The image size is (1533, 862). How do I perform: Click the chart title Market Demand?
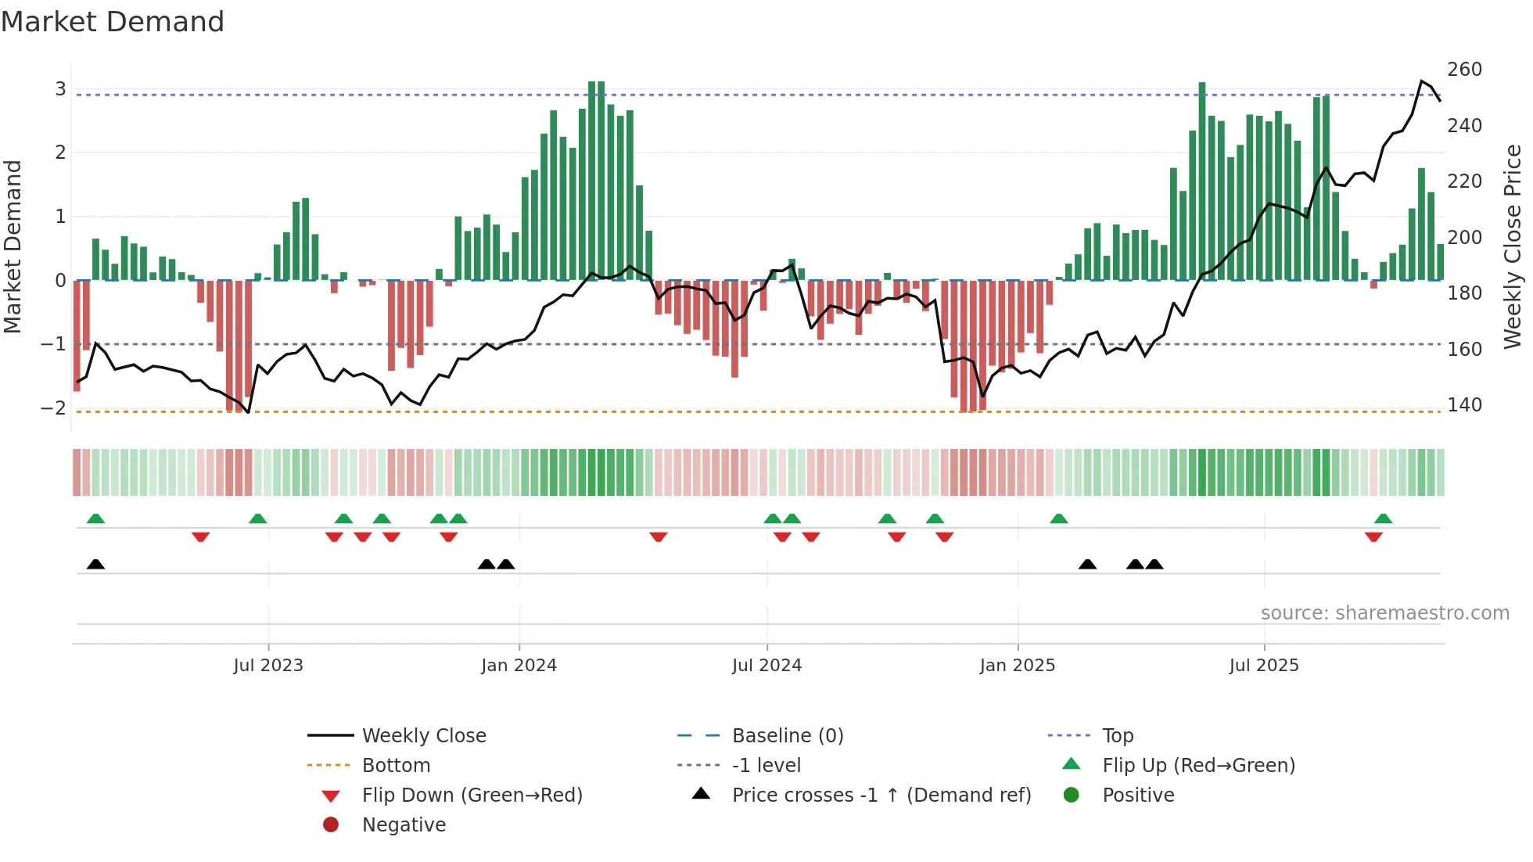click(x=113, y=22)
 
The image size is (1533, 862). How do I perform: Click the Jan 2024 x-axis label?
click(x=519, y=666)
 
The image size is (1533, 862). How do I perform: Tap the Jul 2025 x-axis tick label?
click(x=1263, y=666)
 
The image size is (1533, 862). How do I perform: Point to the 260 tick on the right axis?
click(x=1464, y=70)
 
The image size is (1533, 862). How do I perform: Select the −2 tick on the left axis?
click(x=53, y=408)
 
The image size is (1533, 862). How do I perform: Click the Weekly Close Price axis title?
click(x=1513, y=246)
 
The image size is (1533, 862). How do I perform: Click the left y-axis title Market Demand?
click(x=13, y=246)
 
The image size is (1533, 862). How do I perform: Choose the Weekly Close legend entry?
click(x=423, y=736)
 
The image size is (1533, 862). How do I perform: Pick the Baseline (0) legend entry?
click(x=787, y=736)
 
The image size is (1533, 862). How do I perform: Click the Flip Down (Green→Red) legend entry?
click(x=472, y=796)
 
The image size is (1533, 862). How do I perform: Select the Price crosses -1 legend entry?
click(x=881, y=796)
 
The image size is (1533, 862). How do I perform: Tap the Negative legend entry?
click(x=404, y=825)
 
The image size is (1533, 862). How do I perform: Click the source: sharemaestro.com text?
click(x=1384, y=613)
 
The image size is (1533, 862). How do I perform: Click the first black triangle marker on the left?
click(x=95, y=565)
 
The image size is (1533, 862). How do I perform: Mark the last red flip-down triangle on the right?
click(x=1373, y=537)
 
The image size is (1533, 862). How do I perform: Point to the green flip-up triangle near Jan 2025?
click(x=1058, y=519)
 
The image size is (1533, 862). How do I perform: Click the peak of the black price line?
click(x=1421, y=81)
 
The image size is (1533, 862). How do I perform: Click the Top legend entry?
click(x=1117, y=736)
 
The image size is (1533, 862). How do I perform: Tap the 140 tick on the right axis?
click(x=1464, y=405)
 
